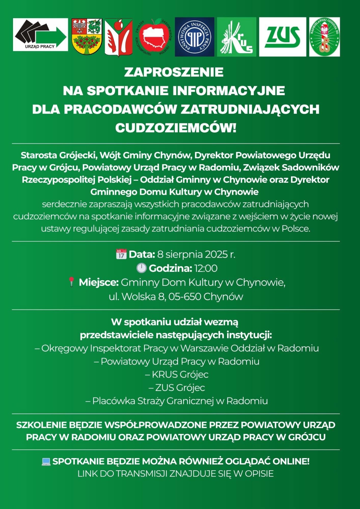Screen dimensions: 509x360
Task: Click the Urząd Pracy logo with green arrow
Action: point(40,35)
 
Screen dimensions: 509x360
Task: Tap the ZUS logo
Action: point(282,37)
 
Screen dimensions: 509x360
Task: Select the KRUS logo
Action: point(236,37)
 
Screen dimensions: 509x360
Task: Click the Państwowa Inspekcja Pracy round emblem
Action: point(194,37)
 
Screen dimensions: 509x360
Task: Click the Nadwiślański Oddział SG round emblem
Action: point(324,37)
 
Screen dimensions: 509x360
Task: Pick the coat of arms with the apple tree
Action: point(87,37)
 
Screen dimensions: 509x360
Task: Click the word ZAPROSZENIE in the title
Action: point(174,72)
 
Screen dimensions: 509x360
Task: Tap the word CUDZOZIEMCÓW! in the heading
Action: point(176,128)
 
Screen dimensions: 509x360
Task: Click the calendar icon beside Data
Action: point(121,254)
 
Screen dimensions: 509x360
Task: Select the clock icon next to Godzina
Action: point(141,268)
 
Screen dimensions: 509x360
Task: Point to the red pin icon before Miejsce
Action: point(71,282)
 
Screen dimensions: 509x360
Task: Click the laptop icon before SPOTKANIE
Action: point(46,462)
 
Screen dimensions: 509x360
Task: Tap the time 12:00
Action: point(206,268)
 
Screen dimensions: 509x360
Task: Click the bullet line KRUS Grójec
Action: point(177,374)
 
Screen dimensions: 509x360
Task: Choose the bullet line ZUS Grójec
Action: point(177,388)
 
